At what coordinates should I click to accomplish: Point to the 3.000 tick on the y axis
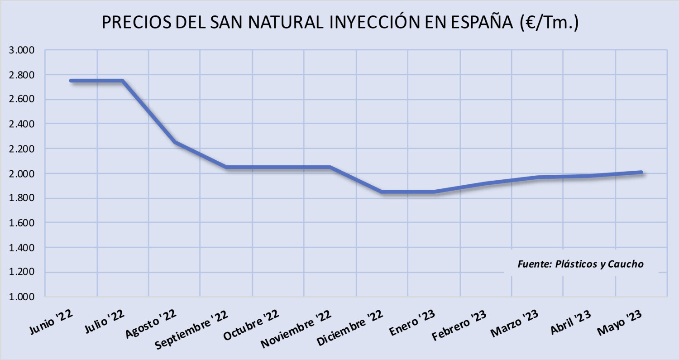22,50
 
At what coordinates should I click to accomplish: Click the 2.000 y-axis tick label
22,173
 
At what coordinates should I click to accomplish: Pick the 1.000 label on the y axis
22,297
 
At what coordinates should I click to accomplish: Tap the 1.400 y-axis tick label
22,248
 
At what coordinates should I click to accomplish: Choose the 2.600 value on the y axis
22,99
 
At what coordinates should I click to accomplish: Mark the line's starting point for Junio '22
71,81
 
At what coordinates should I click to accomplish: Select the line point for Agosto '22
175,142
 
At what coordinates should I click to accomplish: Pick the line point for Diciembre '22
382,192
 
